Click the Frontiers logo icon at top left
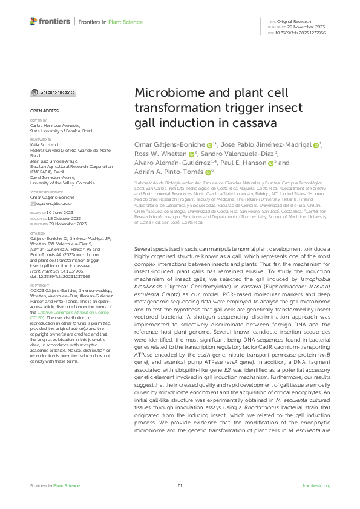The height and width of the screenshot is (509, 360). point(33,21)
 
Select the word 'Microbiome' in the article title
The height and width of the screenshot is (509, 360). point(165,94)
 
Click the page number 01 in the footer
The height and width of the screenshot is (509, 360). point(180,485)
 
